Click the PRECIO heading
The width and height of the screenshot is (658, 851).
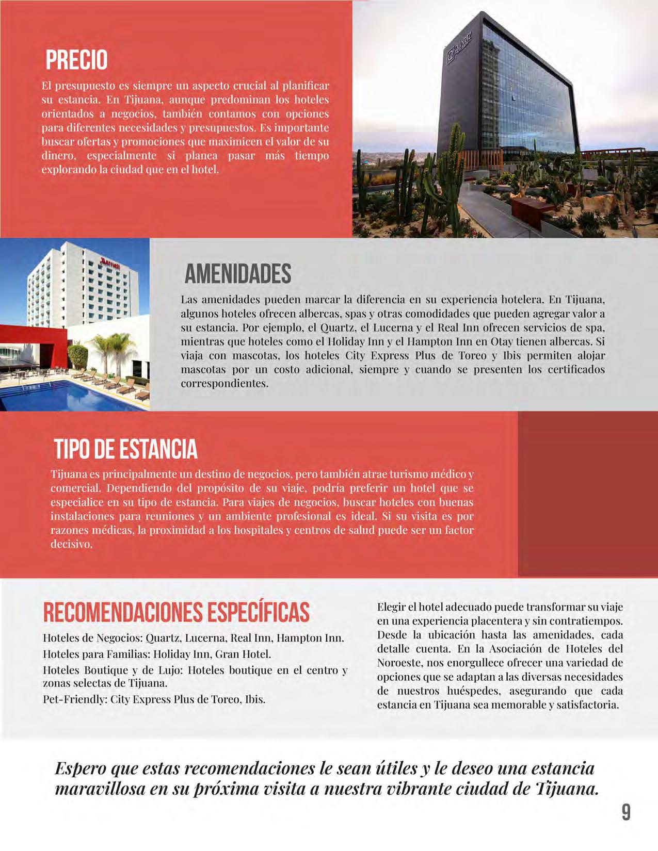[76, 60]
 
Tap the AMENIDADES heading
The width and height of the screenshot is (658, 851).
[238, 274]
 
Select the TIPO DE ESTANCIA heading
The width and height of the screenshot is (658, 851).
[125, 449]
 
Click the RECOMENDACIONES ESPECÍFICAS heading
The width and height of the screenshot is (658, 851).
[176, 612]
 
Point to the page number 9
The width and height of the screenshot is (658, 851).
[625, 812]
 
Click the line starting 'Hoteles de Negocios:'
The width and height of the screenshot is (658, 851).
[193, 638]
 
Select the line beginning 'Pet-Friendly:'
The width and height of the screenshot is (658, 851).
[154, 700]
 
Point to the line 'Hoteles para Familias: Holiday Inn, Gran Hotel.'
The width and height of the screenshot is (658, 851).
[156, 654]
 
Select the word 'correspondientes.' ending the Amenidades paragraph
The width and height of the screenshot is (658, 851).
[224, 384]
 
